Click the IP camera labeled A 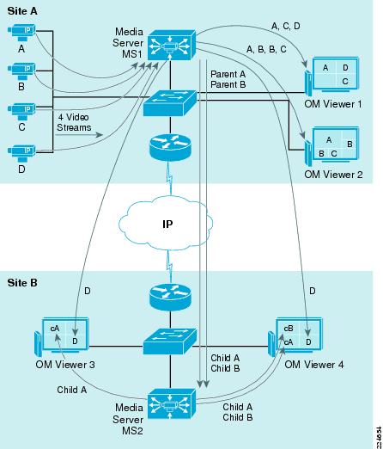pos(21,33)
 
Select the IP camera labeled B pos(21,71)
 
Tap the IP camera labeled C pos(21,112)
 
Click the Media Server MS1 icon pos(172,45)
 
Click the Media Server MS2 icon pos(172,403)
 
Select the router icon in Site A pos(170,146)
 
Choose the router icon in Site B pos(170,298)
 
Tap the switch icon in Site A pos(170,103)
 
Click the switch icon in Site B pos(170,341)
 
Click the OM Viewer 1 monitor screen pos(336,73)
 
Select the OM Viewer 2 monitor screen pos(336,144)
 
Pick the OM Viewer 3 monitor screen pos(65,334)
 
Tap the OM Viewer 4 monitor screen pos(299,334)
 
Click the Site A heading pos(22,11)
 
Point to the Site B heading pos(22,283)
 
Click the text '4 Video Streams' pos(74,122)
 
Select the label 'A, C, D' pos(286,27)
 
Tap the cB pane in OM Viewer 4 pos(289,329)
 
